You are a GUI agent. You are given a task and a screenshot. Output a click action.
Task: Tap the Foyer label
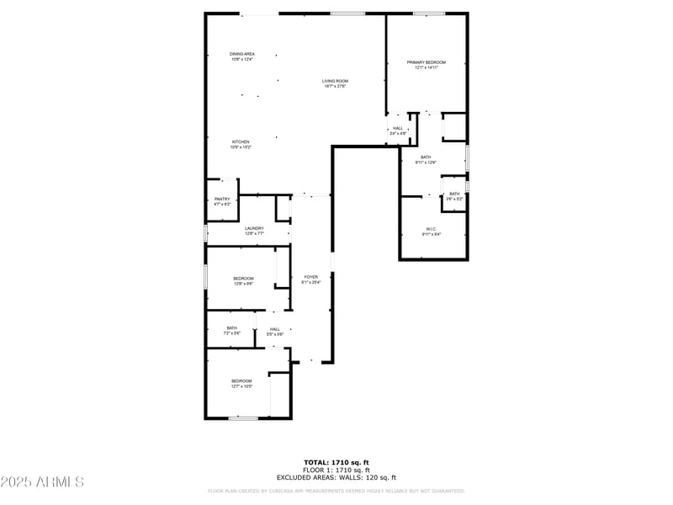coord(310,279)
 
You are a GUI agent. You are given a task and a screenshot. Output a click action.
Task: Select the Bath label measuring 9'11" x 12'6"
coord(427,159)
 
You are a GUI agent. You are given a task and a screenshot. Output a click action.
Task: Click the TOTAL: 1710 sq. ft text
coord(336,462)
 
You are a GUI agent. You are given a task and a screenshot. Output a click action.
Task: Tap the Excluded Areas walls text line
coord(336,476)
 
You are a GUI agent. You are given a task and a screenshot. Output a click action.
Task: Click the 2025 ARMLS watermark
coord(42,482)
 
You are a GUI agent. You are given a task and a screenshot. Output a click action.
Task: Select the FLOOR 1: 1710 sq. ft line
coord(336,470)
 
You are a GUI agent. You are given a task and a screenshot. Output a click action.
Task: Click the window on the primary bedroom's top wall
coord(428,13)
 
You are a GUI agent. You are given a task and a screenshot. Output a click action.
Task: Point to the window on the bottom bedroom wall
coord(243,418)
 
